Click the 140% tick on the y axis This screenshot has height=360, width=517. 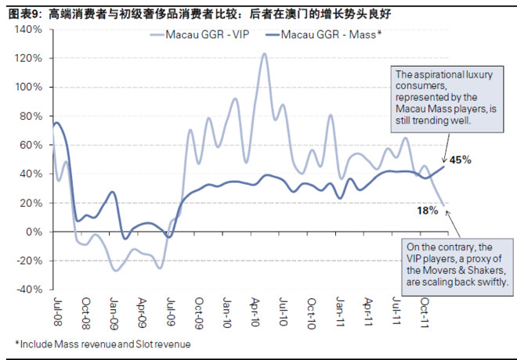tap(28, 29)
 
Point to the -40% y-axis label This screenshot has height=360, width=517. tap(29, 290)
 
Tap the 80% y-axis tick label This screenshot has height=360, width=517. tap(31, 116)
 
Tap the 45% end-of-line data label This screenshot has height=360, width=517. tap(461, 160)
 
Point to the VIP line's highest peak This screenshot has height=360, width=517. tap(263, 53)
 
